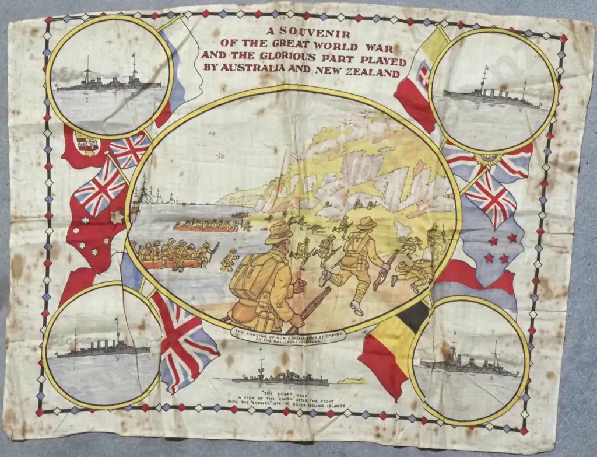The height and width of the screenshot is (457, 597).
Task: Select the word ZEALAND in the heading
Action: click(374, 74)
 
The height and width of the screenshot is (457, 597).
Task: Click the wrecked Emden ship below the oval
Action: click(280, 378)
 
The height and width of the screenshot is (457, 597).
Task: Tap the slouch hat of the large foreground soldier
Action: click(279, 233)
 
